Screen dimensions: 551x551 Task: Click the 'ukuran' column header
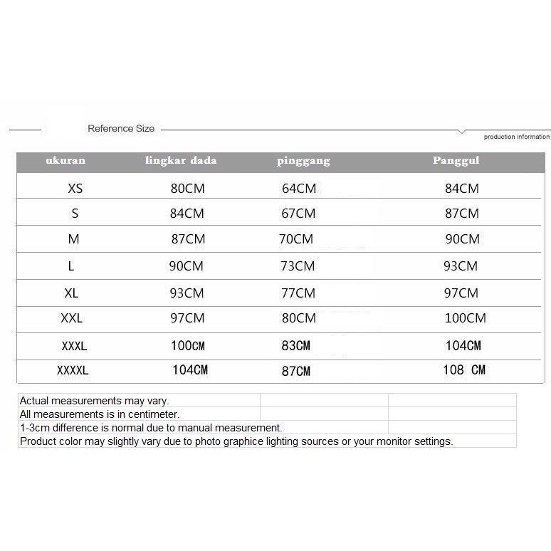[65, 161]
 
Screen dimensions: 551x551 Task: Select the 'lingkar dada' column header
[181, 161]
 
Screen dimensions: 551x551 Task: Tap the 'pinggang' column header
[303, 161]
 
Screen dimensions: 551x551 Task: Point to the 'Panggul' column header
[456, 161]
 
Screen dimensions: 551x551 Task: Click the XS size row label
[75, 189]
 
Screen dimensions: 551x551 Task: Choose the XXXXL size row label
[73, 370]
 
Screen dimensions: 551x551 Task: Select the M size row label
[74, 239]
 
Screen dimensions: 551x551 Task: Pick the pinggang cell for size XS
[299, 189]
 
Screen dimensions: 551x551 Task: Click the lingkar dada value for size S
[187, 214]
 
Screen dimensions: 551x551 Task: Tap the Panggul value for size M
[463, 239]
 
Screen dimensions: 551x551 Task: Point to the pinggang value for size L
[298, 266]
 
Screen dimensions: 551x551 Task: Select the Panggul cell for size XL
[461, 293]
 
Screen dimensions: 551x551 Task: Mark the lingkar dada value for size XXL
[187, 318]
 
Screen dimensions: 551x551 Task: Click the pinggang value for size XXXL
[296, 346]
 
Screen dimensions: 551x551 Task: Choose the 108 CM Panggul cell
[464, 370]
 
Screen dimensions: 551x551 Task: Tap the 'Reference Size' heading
[121, 129]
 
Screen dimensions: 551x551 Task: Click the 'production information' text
[517, 137]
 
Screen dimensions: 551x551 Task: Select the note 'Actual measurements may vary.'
[94, 401]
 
